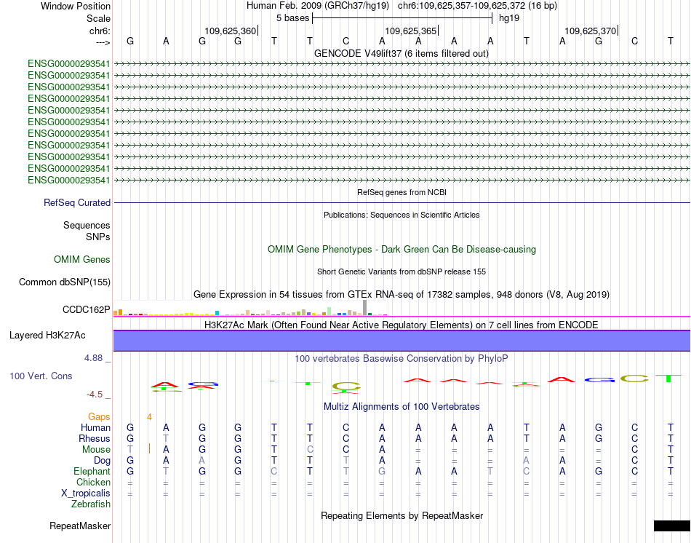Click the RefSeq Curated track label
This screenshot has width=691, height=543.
point(77,203)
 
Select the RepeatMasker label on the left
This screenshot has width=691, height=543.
point(80,526)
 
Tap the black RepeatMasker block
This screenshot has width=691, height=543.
point(671,526)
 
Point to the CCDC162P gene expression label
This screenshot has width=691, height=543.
point(87,310)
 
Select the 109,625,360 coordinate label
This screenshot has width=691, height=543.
point(231,31)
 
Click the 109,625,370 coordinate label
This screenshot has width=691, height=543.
point(590,31)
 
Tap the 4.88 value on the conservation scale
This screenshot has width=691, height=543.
point(95,358)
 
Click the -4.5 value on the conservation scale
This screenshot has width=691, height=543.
point(95,395)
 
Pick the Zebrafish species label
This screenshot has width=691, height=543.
point(90,504)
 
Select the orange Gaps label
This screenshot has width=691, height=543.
point(100,416)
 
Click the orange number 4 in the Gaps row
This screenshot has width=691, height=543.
point(149,416)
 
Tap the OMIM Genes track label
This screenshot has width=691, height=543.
point(82,260)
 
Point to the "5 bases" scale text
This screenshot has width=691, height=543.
point(292,17)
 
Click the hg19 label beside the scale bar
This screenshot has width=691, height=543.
point(508,17)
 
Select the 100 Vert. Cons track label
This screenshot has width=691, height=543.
point(41,376)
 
